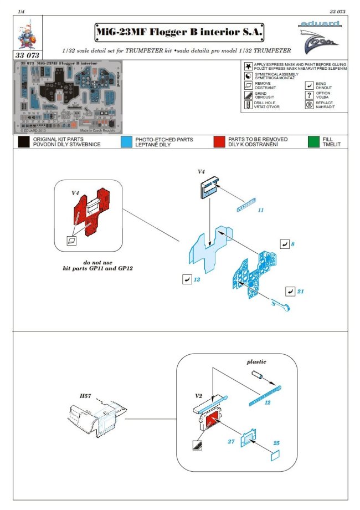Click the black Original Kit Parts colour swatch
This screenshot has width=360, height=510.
23,142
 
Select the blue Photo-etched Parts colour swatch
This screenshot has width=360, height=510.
126,142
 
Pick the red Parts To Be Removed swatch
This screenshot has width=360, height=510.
221,142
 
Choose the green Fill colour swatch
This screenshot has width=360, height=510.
314,142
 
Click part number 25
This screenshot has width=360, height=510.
275,443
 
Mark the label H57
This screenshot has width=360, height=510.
85,396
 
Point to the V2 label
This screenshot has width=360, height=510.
198,397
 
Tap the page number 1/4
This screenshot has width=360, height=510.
20,11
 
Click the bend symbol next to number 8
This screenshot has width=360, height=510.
285,244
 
